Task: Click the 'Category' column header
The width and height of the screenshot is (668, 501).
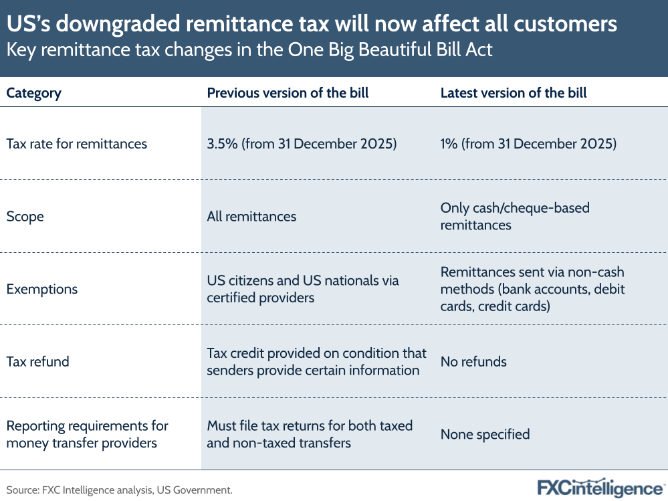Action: coord(33,93)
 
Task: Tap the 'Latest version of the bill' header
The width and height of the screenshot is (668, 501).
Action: coord(513,93)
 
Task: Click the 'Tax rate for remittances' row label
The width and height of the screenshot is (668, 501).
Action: coord(76,144)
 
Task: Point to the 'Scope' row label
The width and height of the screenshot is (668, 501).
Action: coord(25,217)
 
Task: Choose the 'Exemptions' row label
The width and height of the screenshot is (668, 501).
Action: coord(41,289)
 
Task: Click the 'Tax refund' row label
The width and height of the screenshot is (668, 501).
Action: coord(37,362)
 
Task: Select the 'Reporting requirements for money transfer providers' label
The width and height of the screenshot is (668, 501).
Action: coord(87,434)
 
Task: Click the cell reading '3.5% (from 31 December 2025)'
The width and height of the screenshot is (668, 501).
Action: coord(303,144)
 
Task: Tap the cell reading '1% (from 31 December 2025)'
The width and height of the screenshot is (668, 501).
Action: coord(528,144)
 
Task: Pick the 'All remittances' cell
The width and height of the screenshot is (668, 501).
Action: coord(251,217)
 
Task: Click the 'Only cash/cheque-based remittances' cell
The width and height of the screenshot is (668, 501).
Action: coord(515,216)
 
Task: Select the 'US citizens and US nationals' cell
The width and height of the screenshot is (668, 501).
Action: coord(302,289)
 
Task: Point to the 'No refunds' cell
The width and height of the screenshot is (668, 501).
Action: coord(473,362)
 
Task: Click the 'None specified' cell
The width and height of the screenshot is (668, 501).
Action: coord(485,434)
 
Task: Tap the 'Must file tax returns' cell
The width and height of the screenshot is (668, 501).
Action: coord(310,434)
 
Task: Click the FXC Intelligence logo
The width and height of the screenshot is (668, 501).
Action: coord(600,488)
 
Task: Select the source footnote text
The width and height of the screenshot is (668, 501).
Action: coord(120,490)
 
